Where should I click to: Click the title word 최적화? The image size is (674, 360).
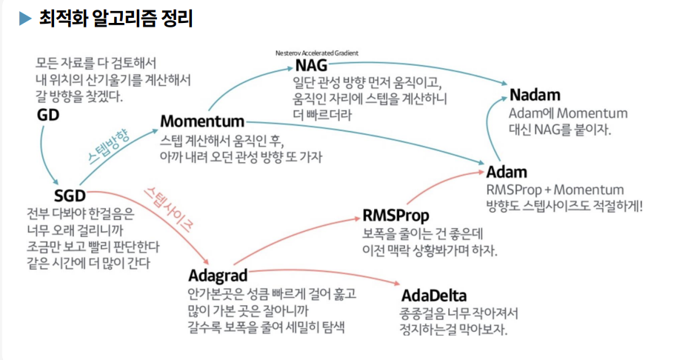(60, 19)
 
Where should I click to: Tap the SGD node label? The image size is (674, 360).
(70, 196)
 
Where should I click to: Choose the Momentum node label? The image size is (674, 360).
(202, 121)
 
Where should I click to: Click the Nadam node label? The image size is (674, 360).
(535, 96)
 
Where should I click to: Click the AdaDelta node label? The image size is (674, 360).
(434, 296)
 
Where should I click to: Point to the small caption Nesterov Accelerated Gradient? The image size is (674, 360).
(316, 53)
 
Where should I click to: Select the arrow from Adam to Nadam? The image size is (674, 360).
(490, 130)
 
